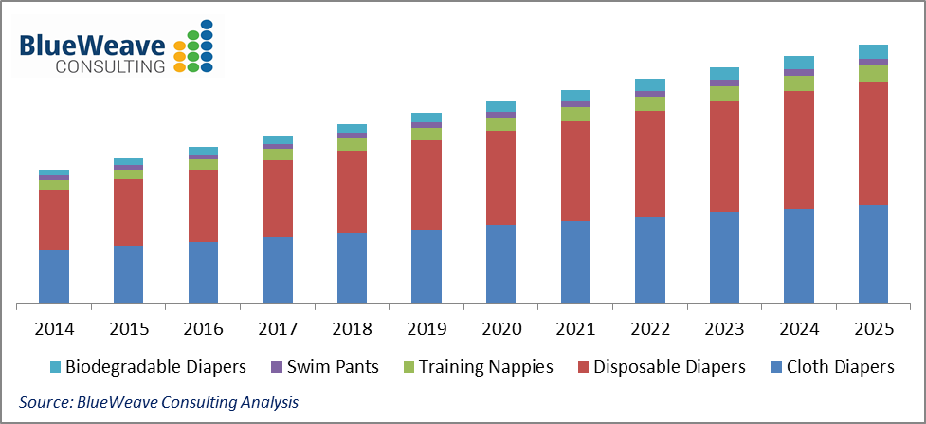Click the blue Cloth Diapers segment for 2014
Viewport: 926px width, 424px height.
(x=54, y=276)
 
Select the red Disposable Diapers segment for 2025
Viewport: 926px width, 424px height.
(x=873, y=142)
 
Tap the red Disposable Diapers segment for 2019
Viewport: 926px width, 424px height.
(x=427, y=184)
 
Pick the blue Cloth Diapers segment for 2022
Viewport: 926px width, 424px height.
(x=649, y=260)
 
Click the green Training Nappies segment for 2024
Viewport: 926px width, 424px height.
(x=799, y=83)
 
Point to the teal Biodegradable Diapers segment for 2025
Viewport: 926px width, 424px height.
(x=873, y=51)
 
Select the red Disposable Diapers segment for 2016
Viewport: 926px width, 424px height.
(x=203, y=206)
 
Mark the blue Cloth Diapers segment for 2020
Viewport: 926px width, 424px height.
(x=500, y=264)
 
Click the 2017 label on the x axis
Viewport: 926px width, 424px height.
(x=278, y=330)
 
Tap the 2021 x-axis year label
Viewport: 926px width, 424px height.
(x=575, y=330)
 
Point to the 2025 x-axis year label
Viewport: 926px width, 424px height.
(x=873, y=330)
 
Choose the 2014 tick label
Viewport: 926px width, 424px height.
(x=54, y=330)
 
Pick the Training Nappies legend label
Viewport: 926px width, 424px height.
(x=485, y=366)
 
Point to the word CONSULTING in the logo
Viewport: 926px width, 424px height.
(x=110, y=66)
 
